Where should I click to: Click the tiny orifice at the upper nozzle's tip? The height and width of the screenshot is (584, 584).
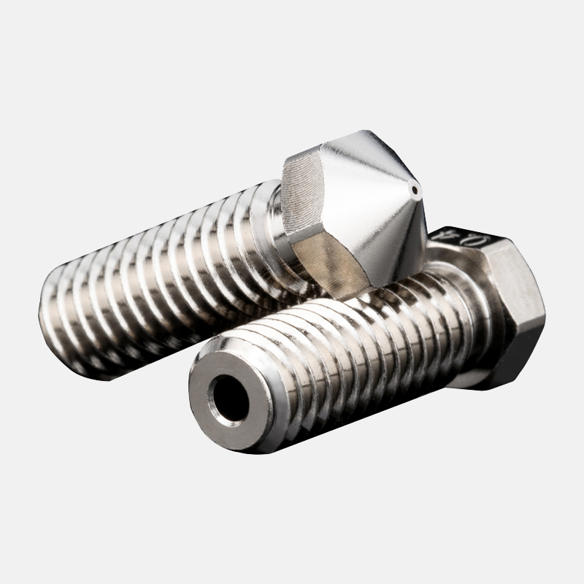(x=415, y=192)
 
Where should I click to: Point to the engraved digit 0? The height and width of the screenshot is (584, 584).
(x=440, y=236)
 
